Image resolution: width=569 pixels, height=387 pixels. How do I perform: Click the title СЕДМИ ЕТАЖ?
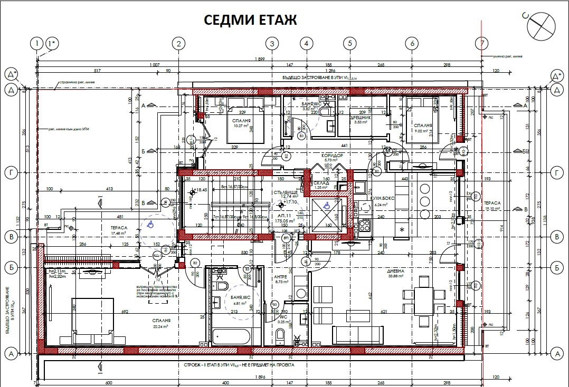251,20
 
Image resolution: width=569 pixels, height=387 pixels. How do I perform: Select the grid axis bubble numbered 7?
481,43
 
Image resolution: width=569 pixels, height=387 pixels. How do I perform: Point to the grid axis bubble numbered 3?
271,43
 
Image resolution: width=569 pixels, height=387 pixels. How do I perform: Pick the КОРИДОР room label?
333,156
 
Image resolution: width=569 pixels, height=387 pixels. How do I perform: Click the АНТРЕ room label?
280,277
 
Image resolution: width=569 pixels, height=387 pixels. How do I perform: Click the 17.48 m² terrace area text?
103,233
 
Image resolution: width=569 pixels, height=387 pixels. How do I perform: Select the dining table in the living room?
423,299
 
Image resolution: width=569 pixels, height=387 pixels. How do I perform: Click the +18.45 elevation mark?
200,190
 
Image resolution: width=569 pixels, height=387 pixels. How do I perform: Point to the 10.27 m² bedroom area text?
241,125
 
